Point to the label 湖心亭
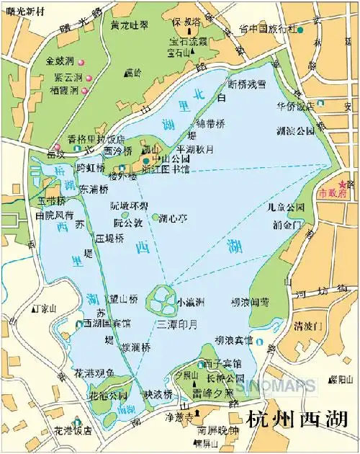[173, 217]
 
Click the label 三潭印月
[176, 324]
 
